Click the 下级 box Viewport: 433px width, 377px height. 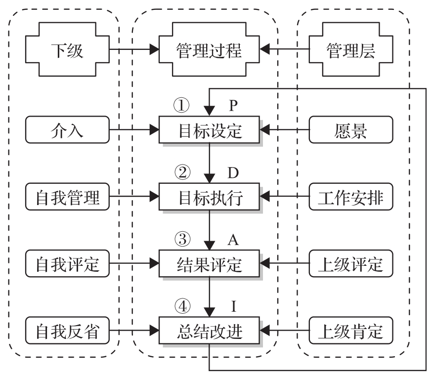pyautogui.click(x=67, y=49)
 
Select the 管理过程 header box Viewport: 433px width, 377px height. pyautogui.click(x=209, y=49)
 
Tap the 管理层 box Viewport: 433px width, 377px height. pyautogui.click(x=351, y=49)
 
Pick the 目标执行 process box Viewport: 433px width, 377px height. pyautogui.click(x=209, y=198)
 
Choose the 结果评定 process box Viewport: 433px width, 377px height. pyautogui.click(x=209, y=264)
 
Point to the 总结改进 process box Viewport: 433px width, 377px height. pyautogui.click(x=209, y=331)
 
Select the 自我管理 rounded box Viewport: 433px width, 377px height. pyautogui.click(x=67, y=198)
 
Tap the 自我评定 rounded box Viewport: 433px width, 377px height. pyautogui.click(x=67, y=264)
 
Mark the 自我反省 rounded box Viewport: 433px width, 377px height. pyautogui.click(x=67, y=331)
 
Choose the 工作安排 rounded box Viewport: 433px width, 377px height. pyautogui.click(x=351, y=198)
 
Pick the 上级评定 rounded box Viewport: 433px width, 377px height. pyautogui.click(x=351, y=264)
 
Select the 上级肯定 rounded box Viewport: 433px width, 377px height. pyautogui.click(x=351, y=331)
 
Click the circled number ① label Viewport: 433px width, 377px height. pyautogui.click(x=182, y=105)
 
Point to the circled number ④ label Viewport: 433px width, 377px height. pyautogui.click(x=182, y=306)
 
